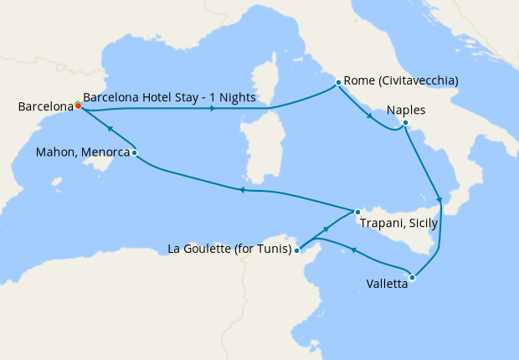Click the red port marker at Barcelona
tap(78, 106)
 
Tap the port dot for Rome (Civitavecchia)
tap(338, 82)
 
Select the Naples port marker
tap(404, 124)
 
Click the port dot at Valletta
tap(412, 277)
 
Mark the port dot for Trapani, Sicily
tap(357, 212)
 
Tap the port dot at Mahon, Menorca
tap(134, 152)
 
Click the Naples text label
tap(406, 110)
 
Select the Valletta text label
tap(387, 284)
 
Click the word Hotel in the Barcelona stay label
tap(152, 97)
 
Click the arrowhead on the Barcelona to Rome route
tap(214, 109)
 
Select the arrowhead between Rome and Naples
tap(369, 116)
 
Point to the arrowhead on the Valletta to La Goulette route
tap(353, 249)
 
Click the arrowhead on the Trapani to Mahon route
tap(241, 190)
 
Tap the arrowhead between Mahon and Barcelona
tap(109, 129)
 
